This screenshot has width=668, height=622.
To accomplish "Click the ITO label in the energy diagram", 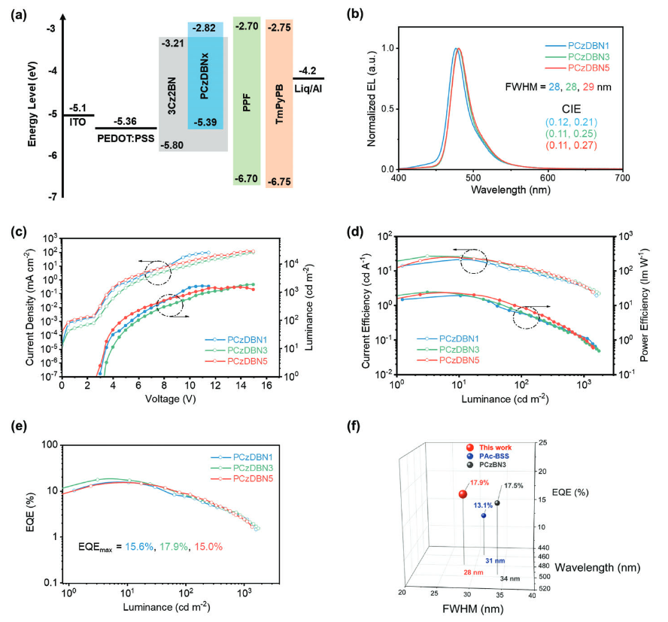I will (77, 121).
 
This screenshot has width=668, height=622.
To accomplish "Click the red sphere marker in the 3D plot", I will (463, 494).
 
